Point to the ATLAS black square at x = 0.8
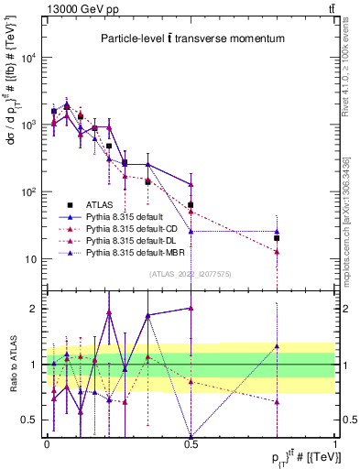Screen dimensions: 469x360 point(277,238)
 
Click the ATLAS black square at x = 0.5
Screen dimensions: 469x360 point(191,205)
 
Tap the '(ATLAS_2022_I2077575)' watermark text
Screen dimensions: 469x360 point(191,272)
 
